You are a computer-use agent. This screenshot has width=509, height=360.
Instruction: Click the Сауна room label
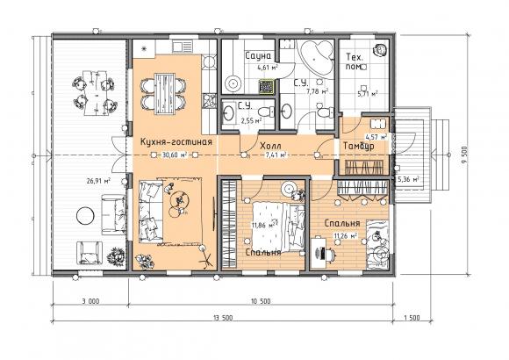[x=258, y=56]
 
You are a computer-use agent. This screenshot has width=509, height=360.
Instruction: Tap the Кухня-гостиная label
[x=176, y=142]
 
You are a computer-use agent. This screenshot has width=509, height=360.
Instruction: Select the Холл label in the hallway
[x=270, y=146]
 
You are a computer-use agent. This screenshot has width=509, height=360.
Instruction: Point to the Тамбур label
[x=359, y=147]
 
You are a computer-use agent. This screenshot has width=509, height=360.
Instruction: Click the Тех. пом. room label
[x=355, y=61]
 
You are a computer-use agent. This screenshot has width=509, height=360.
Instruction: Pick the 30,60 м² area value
[x=175, y=155]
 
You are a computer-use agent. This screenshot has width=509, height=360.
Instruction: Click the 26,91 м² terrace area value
[x=98, y=181]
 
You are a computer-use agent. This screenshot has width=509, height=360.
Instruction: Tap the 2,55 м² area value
[x=251, y=121]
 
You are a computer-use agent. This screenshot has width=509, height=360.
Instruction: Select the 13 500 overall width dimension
[x=223, y=318]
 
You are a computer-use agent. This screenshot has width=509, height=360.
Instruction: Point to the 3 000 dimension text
[x=90, y=301]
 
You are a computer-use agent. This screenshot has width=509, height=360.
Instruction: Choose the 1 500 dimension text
[x=411, y=318]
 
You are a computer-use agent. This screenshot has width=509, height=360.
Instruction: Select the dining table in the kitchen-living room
[x=165, y=94]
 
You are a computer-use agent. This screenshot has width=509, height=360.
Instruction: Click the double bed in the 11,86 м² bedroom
[x=279, y=227]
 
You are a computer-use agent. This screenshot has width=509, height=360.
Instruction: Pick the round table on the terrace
[x=85, y=215]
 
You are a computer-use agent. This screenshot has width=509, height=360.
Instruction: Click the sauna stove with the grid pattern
[x=266, y=87]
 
